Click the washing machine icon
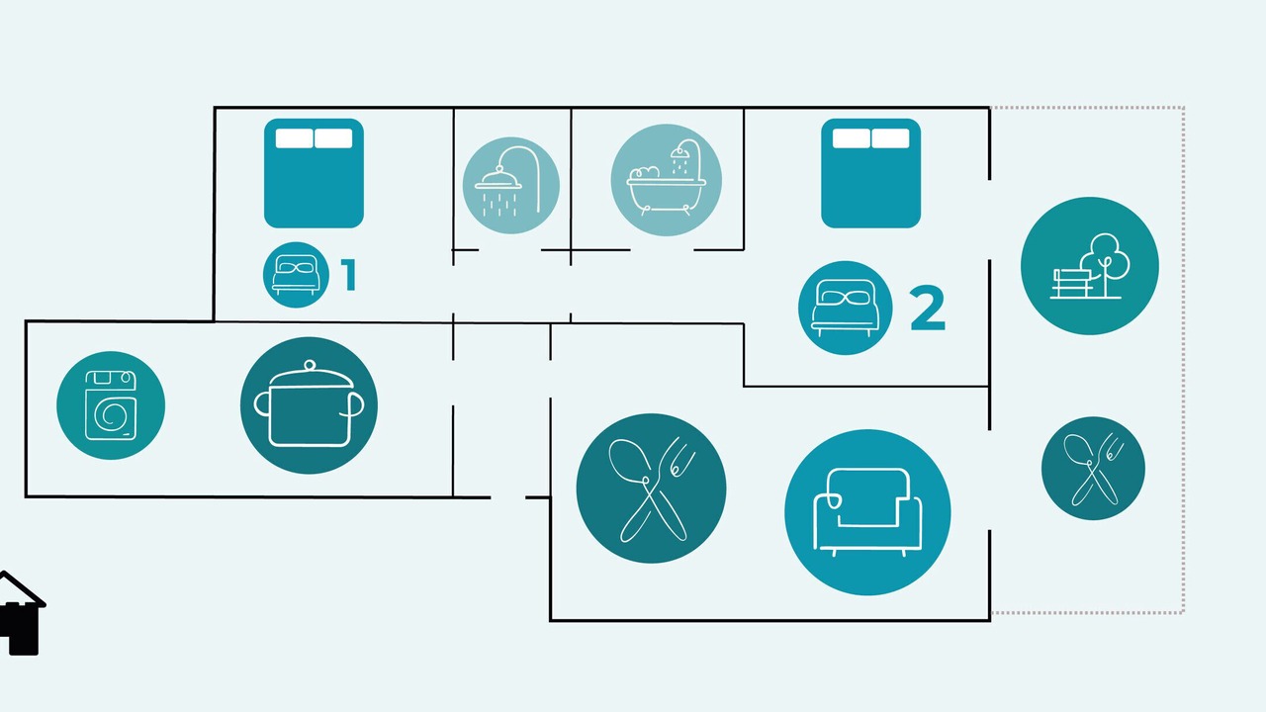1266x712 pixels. [111, 405]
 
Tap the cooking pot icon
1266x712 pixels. [310, 405]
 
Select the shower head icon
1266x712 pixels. [511, 185]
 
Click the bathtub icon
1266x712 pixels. [667, 180]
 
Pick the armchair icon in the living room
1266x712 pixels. [867, 512]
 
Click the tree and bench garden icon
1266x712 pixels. [1090, 266]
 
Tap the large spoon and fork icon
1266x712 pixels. [651, 489]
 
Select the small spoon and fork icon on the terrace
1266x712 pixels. [1093, 469]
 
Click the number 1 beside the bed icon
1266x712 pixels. [349, 275]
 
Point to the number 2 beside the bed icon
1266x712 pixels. [928, 308]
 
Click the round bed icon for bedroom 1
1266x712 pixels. [296, 275]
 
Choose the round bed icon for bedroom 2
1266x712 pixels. [846, 308]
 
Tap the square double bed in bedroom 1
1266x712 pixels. [314, 173]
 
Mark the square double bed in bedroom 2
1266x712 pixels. [871, 173]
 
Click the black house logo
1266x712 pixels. [21, 614]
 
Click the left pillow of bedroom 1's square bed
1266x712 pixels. [294, 138]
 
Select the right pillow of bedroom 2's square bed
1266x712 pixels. [891, 138]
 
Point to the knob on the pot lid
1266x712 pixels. [310, 366]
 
